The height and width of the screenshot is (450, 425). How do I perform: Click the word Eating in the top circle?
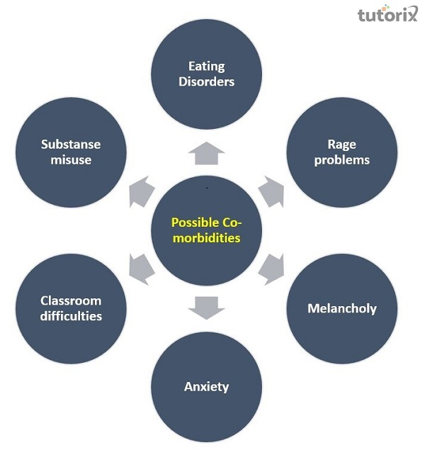207,67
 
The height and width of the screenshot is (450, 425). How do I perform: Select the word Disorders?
207,81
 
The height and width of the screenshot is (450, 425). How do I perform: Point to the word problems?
341,159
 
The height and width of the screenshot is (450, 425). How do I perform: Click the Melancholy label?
341,308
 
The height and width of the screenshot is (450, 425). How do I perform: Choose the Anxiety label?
207,386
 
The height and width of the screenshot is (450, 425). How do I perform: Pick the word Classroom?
71,300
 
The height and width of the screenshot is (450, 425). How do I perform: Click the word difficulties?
71,316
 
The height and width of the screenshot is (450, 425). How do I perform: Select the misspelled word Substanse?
71,145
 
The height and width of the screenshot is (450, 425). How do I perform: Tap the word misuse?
71,159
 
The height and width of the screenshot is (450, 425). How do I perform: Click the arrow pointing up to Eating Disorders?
207,150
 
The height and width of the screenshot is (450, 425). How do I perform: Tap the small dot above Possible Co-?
206,189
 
